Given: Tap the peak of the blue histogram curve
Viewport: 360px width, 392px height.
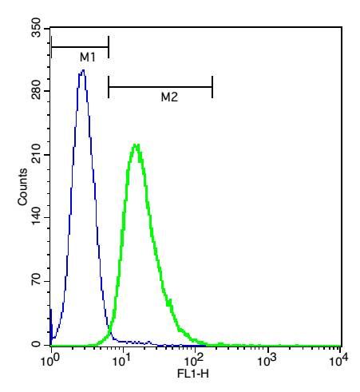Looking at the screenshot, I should (82, 71).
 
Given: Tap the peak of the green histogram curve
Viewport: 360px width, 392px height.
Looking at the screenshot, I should (136, 145).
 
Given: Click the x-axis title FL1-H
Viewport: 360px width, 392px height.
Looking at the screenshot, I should (195, 372).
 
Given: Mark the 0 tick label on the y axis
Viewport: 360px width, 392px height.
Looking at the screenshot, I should (40, 344).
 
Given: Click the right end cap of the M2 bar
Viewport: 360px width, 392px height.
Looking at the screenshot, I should (212, 86).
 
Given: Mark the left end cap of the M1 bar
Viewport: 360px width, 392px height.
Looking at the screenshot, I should (51, 48).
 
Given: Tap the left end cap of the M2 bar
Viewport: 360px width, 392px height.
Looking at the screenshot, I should (109, 86).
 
